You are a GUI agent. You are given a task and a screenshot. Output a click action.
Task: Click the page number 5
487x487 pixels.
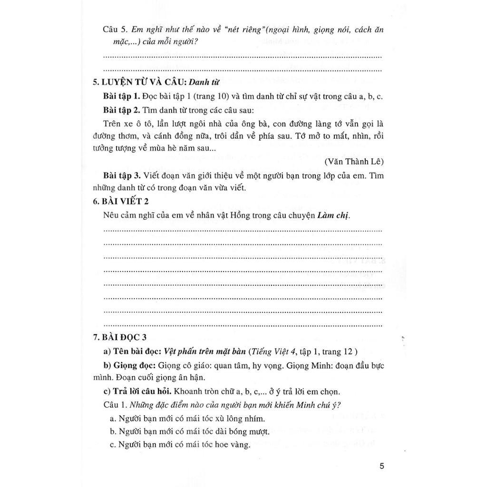[x=381, y=466]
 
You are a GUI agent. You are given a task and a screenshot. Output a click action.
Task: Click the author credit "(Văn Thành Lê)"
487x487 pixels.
[x=354, y=161]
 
